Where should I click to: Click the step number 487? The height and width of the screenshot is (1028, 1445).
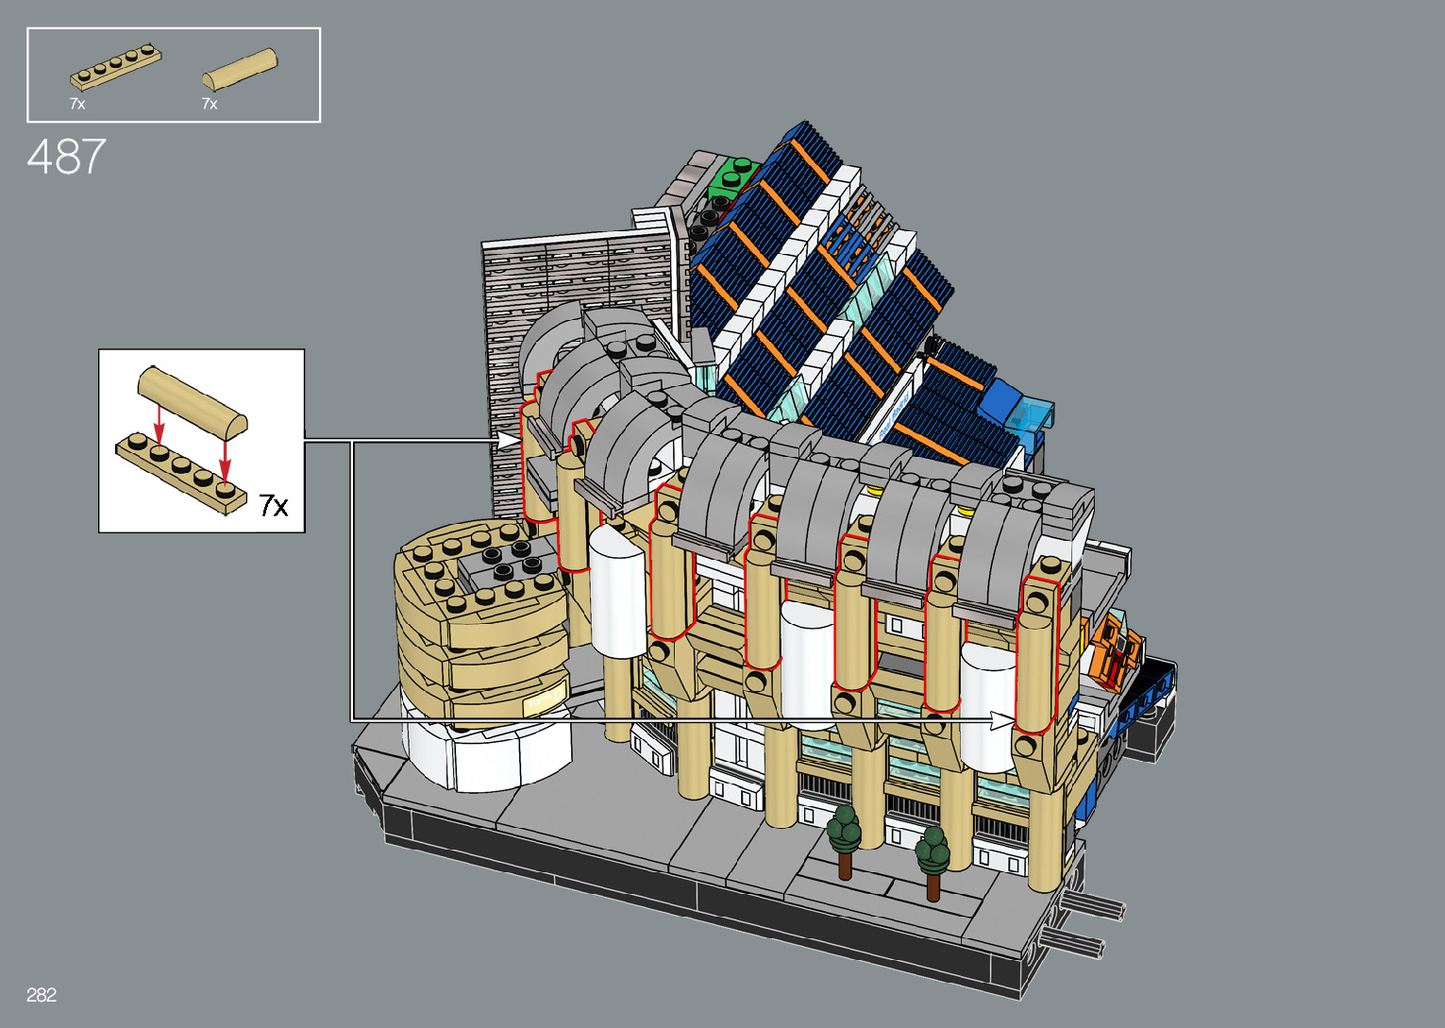[66, 157]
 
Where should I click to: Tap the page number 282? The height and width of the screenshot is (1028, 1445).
[42, 994]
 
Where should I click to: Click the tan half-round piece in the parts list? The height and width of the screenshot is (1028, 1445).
[240, 68]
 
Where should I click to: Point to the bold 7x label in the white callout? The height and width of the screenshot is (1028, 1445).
[274, 505]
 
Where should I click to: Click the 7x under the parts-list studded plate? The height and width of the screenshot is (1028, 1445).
[77, 103]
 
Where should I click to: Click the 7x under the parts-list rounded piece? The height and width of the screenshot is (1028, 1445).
[210, 103]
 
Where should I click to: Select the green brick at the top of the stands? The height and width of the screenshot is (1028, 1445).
[733, 178]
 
